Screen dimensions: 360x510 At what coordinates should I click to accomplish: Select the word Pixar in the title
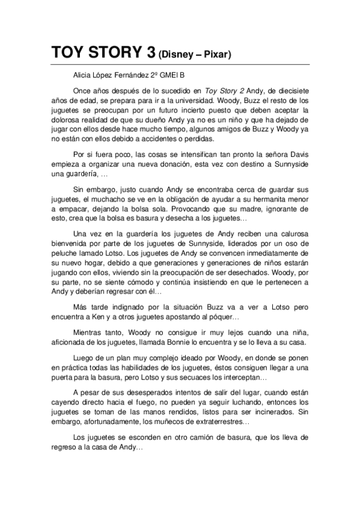point(218,55)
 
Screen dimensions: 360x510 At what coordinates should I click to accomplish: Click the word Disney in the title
point(179,55)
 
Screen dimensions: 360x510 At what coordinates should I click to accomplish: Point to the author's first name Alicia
point(84,75)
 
